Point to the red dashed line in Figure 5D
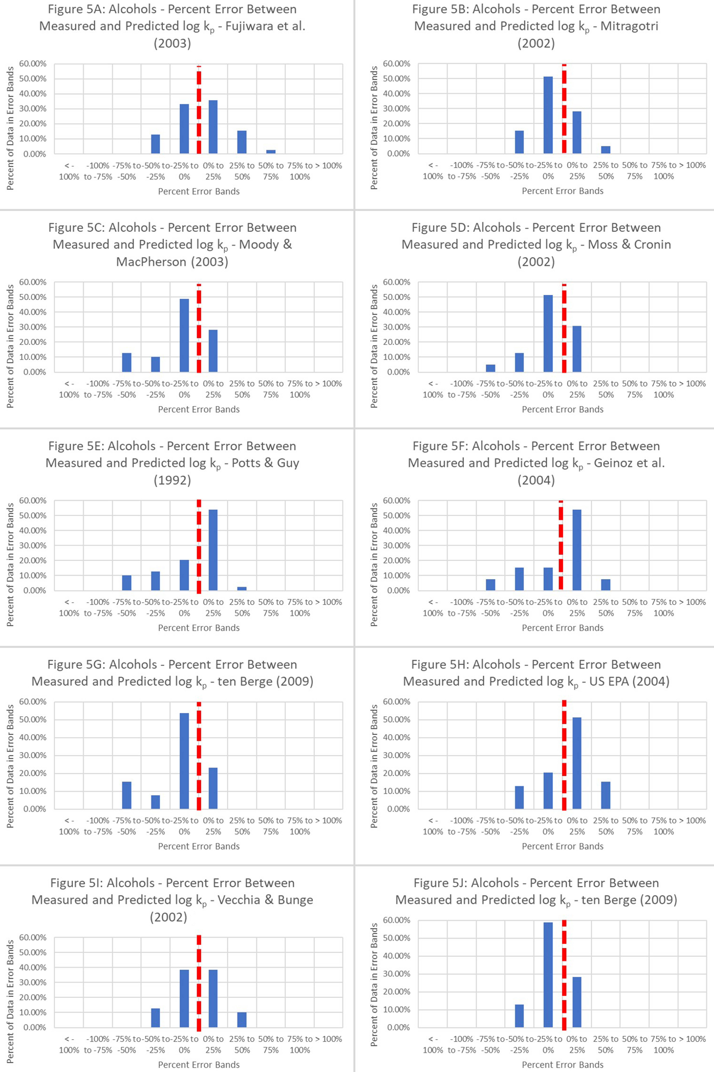tap(564, 328)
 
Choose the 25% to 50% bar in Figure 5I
tap(242, 1020)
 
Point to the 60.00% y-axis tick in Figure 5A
tap(33, 64)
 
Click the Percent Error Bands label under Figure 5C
tap(199, 409)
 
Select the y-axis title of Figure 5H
tap(374, 766)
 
